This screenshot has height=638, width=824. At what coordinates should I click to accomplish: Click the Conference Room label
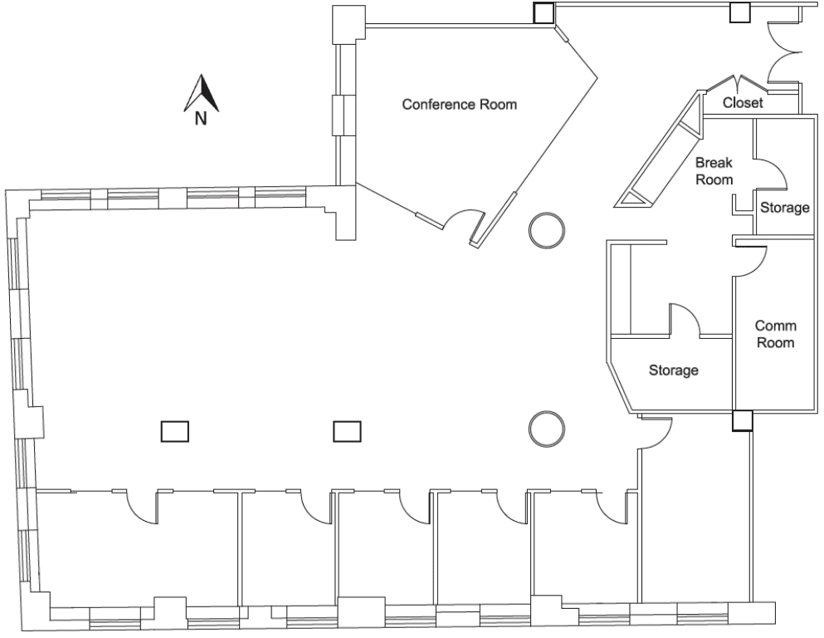(x=459, y=104)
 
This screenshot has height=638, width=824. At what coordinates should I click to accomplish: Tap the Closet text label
(x=743, y=102)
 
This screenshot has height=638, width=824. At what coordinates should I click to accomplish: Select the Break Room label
(x=714, y=171)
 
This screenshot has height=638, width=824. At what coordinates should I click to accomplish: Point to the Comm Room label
(x=775, y=334)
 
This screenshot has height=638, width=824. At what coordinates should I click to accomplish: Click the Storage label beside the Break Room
(x=785, y=207)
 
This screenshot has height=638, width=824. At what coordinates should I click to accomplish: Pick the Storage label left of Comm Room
(x=673, y=371)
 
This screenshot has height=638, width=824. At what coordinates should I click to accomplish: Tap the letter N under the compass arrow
(x=201, y=118)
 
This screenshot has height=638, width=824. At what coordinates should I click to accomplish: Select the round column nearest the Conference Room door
(x=547, y=230)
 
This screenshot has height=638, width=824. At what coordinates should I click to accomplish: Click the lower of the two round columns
(x=547, y=429)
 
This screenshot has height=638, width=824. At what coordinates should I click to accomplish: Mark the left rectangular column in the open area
(x=174, y=431)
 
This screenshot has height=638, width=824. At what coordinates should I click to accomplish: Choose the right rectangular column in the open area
(x=347, y=431)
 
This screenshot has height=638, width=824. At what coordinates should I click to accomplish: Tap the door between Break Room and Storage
(x=771, y=174)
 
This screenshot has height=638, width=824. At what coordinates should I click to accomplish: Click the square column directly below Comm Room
(x=743, y=420)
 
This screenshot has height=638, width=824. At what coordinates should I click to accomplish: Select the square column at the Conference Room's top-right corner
(x=544, y=13)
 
